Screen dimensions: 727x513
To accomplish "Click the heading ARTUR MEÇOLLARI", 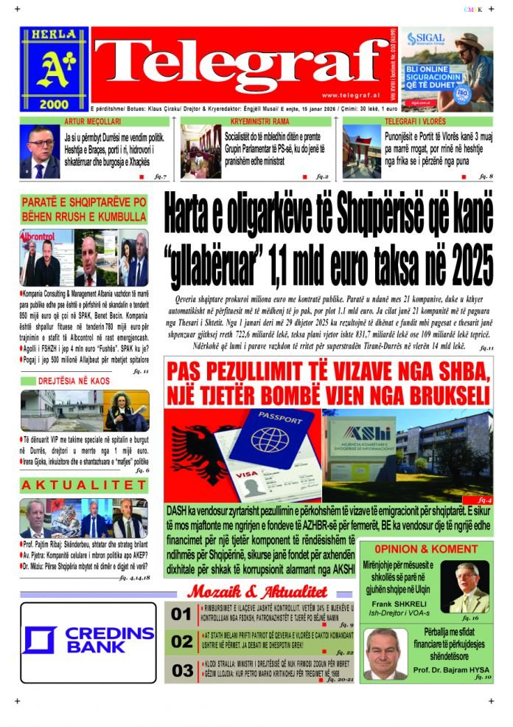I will pyautogui.click(x=92, y=120).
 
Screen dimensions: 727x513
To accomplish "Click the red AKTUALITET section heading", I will pyautogui.click(x=84, y=485).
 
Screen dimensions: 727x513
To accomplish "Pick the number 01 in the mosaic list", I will pyautogui.click(x=181, y=615).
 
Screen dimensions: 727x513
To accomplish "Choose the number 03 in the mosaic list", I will pyautogui.click(x=181, y=670).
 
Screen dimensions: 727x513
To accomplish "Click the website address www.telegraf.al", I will pyautogui.click(x=349, y=94).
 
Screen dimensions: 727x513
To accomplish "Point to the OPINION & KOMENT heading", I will pyautogui.click(x=425, y=549).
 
